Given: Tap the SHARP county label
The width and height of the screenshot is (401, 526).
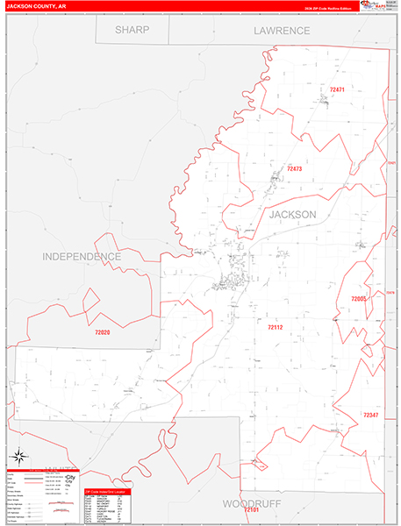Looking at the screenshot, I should pyautogui.click(x=132, y=30).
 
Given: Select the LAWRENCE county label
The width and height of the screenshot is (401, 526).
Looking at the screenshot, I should pyautogui.click(x=282, y=30).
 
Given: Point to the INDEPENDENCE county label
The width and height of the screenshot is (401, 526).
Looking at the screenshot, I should pyautogui.click(x=81, y=256).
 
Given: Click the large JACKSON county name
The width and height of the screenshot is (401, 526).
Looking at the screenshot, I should pyautogui.click(x=292, y=214).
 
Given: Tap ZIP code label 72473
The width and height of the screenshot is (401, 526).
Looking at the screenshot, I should pyautogui.click(x=294, y=168).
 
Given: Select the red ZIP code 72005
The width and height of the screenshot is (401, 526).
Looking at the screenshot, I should pyautogui.click(x=359, y=299).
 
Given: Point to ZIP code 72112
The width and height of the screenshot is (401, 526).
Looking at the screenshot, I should pyautogui.click(x=276, y=327).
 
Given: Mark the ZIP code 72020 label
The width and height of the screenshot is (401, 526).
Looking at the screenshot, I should pyautogui.click(x=103, y=332).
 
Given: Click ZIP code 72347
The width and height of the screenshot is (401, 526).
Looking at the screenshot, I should pyautogui.click(x=370, y=415).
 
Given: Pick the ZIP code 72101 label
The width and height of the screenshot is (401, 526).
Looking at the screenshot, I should pyautogui.click(x=252, y=510).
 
